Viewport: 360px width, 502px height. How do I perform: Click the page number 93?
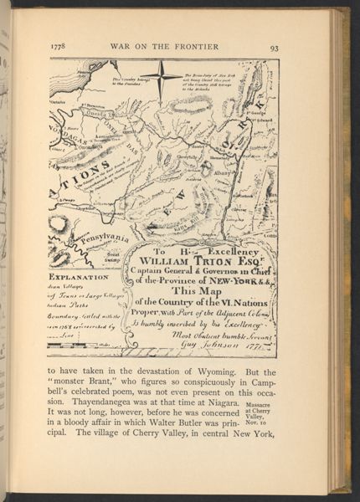click(274, 48)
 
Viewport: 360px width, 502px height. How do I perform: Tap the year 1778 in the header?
click(59, 48)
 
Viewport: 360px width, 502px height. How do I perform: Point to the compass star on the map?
click(162, 77)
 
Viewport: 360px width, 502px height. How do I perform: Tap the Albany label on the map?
click(222, 172)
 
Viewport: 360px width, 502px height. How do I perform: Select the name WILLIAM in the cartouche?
click(171, 259)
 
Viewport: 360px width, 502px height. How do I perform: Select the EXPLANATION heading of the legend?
click(79, 276)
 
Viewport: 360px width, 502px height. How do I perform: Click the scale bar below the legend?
click(84, 345)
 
